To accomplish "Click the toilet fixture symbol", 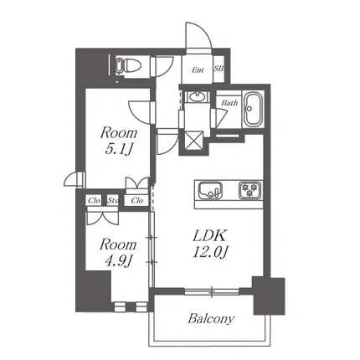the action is [128, 66].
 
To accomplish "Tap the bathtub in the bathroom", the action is [253, 110].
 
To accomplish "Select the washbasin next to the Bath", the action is [197, 97].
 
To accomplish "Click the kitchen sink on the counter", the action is [210, 190].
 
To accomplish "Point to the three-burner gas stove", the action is [250, 190].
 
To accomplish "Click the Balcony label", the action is [211, 319].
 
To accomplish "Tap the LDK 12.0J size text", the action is [210, 253].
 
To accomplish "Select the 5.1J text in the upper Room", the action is [118, 150].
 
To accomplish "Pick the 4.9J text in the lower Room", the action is [118, 261].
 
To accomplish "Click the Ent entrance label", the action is [198, 70].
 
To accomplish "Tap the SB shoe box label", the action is [219, 69].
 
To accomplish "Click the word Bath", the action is [229, 103].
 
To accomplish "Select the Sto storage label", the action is [113, 200].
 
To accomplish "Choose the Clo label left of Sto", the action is [94, 201].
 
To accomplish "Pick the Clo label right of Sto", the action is [136, 200].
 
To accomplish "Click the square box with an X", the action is [193, 141].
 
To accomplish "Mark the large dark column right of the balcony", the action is [269, 296].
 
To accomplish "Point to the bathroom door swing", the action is [221, 118].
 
